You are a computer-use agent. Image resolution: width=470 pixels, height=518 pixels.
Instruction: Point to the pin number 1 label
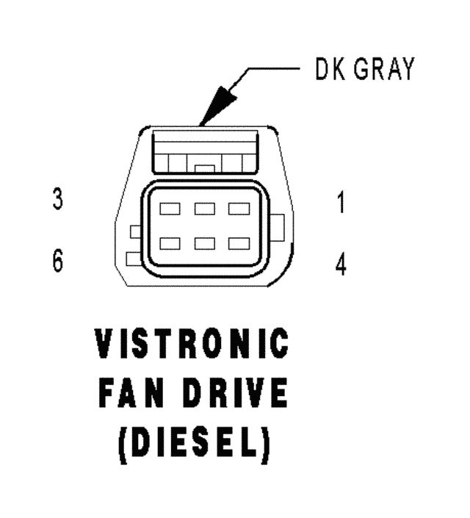(340, 204)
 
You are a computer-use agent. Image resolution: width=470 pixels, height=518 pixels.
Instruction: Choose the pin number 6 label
(57, 262)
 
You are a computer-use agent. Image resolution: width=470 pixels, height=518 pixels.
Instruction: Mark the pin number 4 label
(340, 264)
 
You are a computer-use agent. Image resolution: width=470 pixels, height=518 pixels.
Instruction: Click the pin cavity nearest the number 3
(170, 209)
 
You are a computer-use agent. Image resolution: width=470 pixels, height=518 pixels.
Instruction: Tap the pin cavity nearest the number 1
(239, 209)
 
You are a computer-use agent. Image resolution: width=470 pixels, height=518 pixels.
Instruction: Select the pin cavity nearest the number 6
(170, 242)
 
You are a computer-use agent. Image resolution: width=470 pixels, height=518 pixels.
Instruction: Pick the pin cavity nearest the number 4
(239, 242)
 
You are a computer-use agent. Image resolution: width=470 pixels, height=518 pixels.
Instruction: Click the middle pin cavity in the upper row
(204, 209)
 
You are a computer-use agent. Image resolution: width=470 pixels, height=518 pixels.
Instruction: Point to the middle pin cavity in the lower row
(204, 242)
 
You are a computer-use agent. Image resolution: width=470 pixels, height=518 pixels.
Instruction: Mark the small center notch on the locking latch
(206, 168)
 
